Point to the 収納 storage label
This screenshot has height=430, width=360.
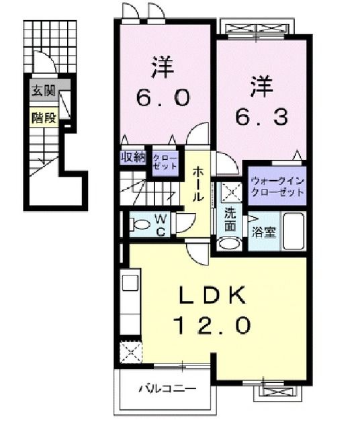tap(133, 157)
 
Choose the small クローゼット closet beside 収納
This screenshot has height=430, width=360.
tap(165, 161)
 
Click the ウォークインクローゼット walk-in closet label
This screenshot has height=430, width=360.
tap(277, 186)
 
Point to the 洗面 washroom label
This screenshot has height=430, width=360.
tap(230, 220)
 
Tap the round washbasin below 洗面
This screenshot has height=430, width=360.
tap(230, 243)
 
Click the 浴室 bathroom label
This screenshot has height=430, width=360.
tap(262, 233)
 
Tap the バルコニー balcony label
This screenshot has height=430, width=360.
tap(167, 388)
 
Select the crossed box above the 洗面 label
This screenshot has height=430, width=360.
tap(230, 192)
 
